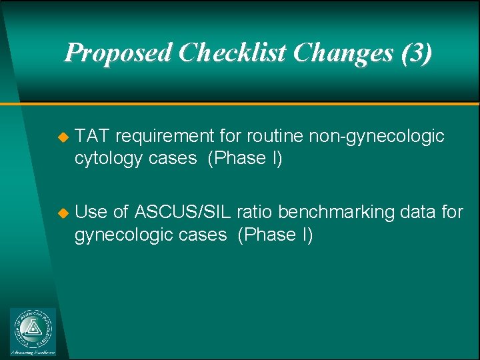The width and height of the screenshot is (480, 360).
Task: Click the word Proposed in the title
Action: [x=119, y=53]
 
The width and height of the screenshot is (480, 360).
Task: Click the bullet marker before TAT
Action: [x=63, y=137]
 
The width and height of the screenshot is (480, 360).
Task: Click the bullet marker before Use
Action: [x=63, y=213]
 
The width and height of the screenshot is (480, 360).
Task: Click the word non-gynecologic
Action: [x=377, y=137]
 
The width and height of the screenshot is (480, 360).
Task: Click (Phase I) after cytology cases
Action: [x=245, y=159]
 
